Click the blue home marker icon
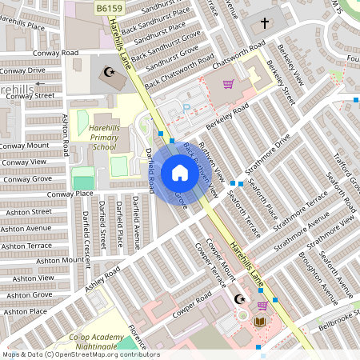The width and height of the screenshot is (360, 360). pos(180,173)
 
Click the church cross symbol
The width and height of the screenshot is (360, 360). pos(265,24)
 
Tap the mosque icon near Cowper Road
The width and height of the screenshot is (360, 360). pos(238,299)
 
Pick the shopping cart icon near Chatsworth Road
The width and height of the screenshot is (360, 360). pos(228,84)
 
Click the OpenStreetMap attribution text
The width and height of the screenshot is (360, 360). pos(80,354)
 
